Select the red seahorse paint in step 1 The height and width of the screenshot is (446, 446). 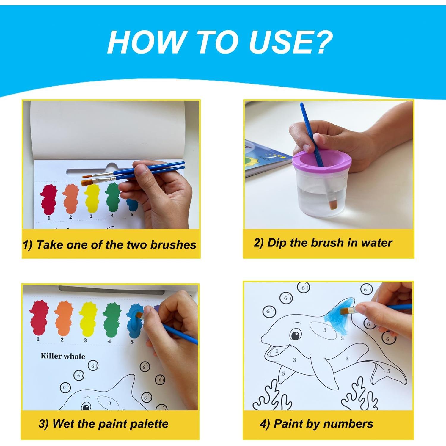pos(48,199)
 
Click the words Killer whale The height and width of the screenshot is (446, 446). pos(63,356)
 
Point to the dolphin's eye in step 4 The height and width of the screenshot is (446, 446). pos(295,335)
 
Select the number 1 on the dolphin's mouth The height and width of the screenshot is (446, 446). pos(277,351)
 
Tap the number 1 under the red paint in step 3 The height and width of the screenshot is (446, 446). pos(38,339)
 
